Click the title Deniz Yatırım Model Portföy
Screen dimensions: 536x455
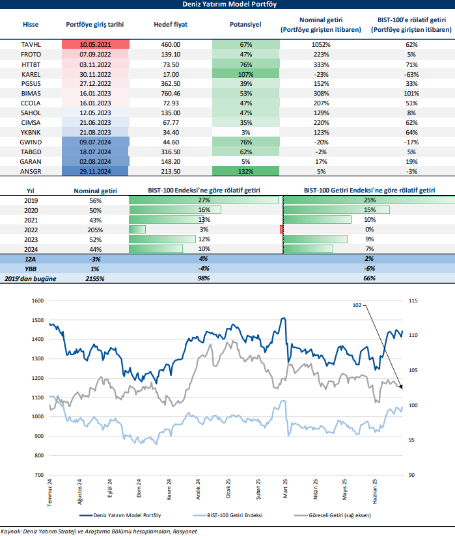[x=227, y=5]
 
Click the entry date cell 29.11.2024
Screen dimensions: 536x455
[x=95, y=171]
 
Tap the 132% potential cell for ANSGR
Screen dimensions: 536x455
[x=245, y=171]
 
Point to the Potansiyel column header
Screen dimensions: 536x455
[x=245, y=25]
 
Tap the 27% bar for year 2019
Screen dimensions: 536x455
[x=203, y=200]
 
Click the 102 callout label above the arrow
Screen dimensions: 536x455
[x=357, y=304]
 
